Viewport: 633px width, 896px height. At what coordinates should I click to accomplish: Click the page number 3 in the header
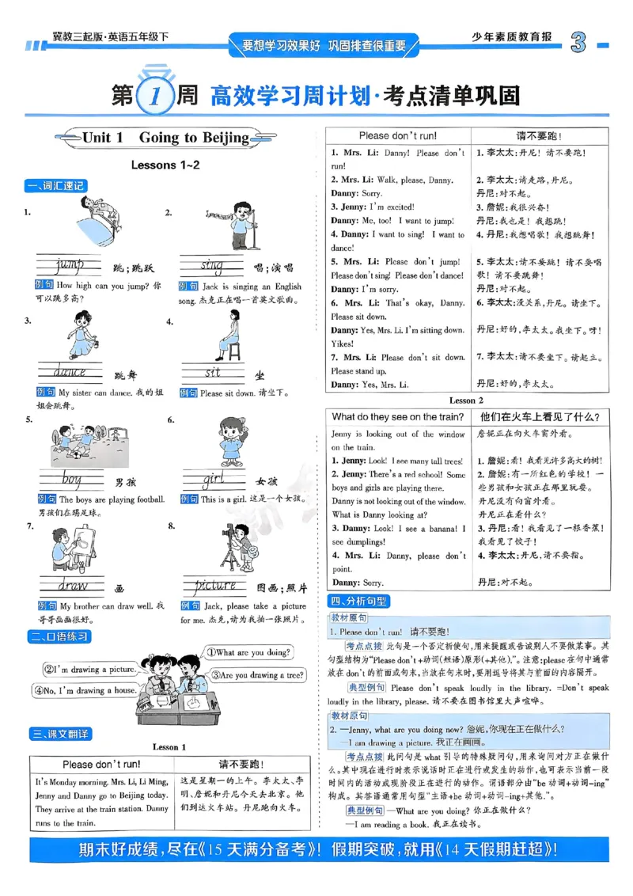(578, 44)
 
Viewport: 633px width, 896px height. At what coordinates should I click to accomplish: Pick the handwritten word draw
(72, 586)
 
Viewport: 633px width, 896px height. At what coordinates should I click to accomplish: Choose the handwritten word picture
(215, 586)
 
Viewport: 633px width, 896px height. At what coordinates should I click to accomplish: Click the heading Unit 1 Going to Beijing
(165, 138)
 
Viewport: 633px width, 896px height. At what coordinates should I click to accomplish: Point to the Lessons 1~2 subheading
(165, 165)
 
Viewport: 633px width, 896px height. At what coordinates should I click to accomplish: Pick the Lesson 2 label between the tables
(467, 401)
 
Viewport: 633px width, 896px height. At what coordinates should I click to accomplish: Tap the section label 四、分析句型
(358, 601)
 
